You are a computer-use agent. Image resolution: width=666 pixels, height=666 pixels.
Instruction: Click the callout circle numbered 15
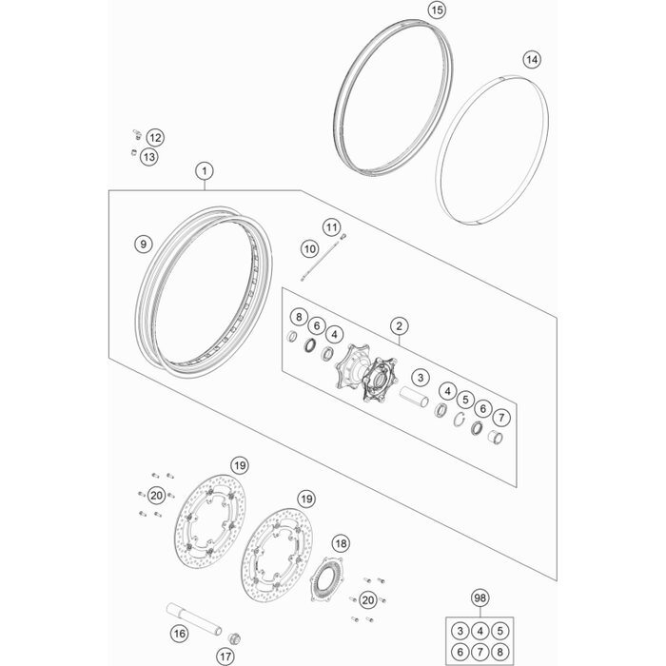[x=437, y=10]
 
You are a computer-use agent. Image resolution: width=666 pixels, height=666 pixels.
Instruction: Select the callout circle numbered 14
[x=532, y=60]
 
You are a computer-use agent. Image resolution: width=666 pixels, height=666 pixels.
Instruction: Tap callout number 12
[x=154, y=138]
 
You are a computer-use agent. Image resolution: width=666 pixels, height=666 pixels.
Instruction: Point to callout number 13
[x=149, y=156]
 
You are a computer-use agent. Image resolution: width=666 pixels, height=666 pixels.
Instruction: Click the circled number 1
[x=204, y=172]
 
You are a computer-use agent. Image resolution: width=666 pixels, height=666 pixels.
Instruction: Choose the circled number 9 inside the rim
[x=143, y=245]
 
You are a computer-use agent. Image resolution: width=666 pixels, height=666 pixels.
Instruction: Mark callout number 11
[x=304, y=227]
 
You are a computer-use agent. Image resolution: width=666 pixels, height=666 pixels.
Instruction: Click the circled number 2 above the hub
[x=401, y=327]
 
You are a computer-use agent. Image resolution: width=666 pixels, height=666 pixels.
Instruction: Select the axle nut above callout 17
[x=236, y=634]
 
